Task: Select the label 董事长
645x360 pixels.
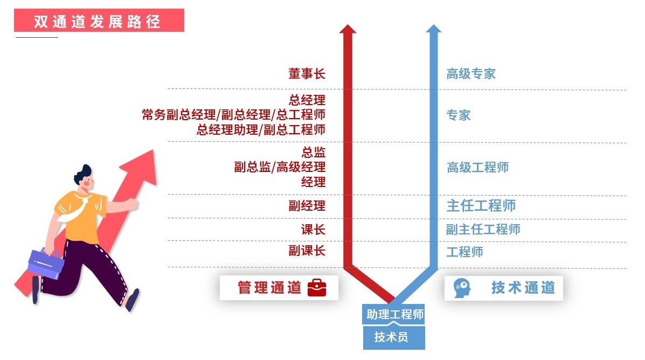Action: point(307,74)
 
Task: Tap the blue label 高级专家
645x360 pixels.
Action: point(470,74)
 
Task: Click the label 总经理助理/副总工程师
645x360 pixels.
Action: point(261,129)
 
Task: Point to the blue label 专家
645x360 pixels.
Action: point(458,115)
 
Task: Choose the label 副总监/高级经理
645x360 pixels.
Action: point(280,167)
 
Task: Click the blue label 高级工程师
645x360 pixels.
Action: point(477,167)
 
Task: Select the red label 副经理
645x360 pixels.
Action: point(307,206)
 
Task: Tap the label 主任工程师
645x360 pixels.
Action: point(481,206)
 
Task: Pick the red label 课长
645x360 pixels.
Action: point(313,230)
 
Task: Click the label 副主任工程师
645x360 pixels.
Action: point(483,230)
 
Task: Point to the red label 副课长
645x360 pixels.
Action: point(307,251)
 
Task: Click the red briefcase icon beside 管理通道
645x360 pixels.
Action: point(317,288)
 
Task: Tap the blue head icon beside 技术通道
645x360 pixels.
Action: point(462,287)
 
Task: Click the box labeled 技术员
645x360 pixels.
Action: point(393,338)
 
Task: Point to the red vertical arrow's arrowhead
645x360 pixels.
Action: point(348,29)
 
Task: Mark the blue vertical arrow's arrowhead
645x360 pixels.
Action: point(433,29)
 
